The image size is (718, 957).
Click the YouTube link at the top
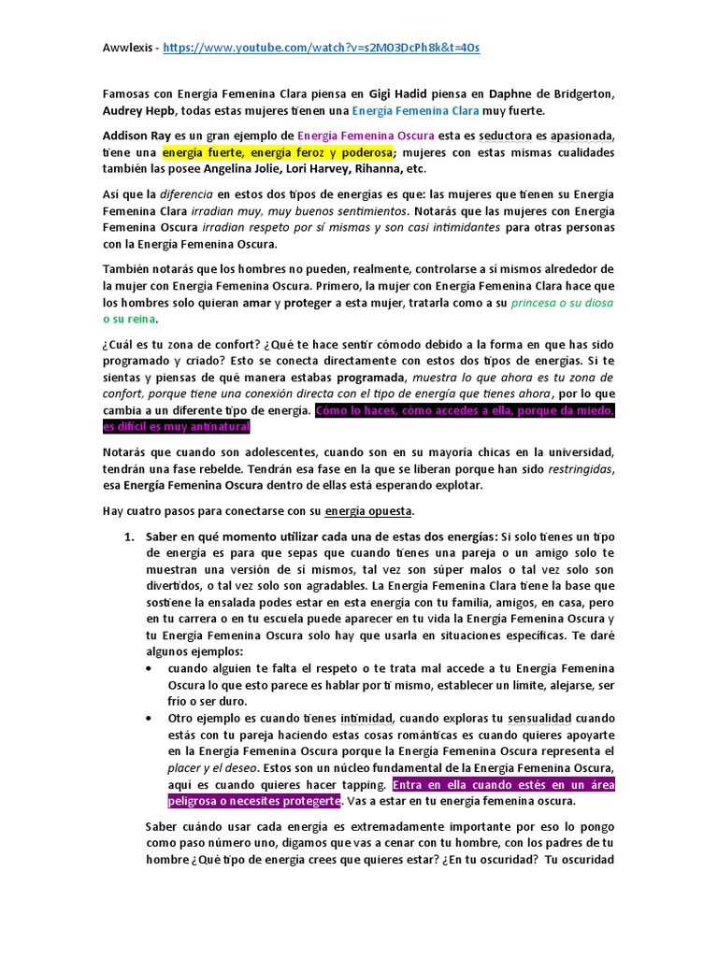coord(321,47)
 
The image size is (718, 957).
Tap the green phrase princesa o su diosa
coord(546,303)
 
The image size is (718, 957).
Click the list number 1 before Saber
coord(130,536)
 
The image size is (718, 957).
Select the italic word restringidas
coord(572,468)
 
